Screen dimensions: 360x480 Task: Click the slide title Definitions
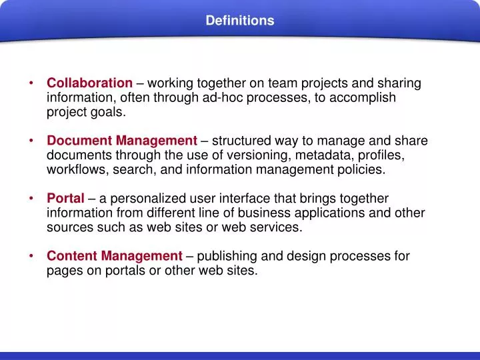[239, 21]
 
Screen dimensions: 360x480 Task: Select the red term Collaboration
[89, 83]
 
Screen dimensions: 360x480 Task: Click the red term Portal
[65, 199]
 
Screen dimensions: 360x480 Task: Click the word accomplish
[366, 97]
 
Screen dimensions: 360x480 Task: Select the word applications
[328, 213]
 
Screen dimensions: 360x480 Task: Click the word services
[279, 227]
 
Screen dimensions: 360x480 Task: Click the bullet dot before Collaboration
[32, 83]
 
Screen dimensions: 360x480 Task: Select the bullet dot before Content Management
[32, 256]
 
